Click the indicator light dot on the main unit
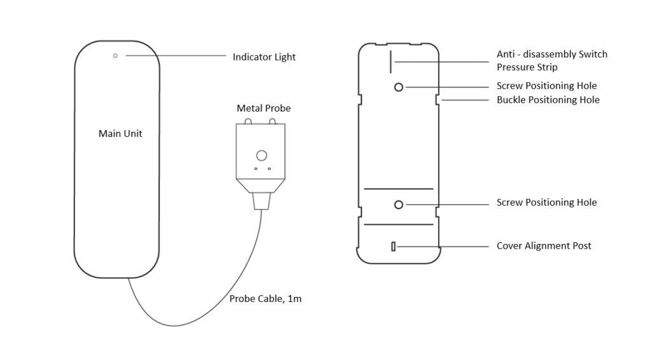click(115, 55)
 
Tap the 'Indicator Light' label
click(264, 57)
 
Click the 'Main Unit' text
click(120, 134)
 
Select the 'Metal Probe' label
click(264, 108)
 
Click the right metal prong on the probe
click(273, 121)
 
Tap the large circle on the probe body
click(261, 155)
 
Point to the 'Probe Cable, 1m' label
click(266, 299)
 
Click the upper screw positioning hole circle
click(399, 87)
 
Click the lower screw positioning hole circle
click(399, 205)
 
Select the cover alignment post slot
click(393, 246)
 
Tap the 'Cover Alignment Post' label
click(544, 246)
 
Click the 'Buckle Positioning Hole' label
click(548, 100)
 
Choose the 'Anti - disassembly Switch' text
click(551, 54)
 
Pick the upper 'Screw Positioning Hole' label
click(546, 86)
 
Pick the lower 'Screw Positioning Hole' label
click(546, 203)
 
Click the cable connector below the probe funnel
click(261, 202)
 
